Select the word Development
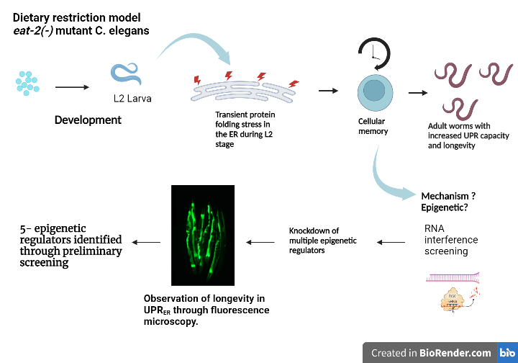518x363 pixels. [x=88, y=120]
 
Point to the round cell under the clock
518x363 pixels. [x=373, y=91]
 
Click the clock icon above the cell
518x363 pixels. [x=373, y=53]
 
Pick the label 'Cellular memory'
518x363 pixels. [x=373, y=126]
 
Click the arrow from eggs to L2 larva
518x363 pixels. [x=71, y=87]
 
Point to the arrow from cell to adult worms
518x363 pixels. [x=417, y=92]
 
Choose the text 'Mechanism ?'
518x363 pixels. [x=447, y=196]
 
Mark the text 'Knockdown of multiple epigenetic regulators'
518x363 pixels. [x=324, y=241]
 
